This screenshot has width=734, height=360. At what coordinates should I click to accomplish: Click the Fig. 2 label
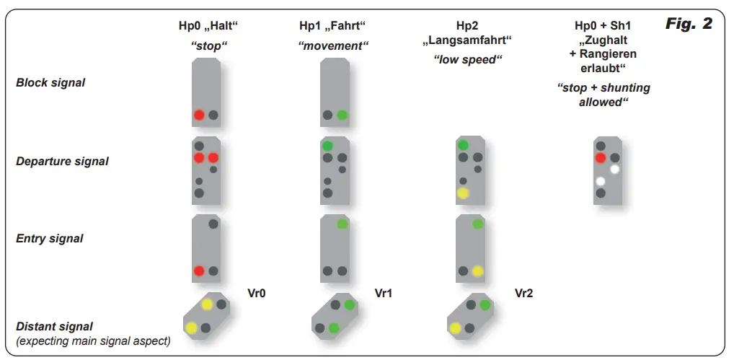tap(688, 24)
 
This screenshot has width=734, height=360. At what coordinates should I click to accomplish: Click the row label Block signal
tap(50, 83)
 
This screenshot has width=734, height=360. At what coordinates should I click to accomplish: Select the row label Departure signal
tap(62, 162)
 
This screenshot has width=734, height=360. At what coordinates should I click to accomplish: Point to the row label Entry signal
tap(50, 239)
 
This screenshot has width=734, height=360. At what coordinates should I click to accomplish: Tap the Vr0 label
tap(257, 294)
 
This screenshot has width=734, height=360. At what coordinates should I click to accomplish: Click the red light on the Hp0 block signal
tap(199, 115)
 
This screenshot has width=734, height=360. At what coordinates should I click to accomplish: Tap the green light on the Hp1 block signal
tap(342, 115)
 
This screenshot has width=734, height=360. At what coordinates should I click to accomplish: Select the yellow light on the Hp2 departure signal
tap(463, 193)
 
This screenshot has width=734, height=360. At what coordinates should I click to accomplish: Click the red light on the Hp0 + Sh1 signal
tap(600, 158)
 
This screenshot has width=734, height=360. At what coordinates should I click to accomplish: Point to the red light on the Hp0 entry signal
tap(199, 271)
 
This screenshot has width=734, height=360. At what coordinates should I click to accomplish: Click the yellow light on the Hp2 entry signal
tap(477, 271)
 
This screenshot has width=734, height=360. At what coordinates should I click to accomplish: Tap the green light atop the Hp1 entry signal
tap(342, 224)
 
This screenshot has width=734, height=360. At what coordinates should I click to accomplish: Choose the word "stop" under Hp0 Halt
tap(208, 45)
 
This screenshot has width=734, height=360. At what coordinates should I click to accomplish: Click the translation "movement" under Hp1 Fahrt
tap(333, 45)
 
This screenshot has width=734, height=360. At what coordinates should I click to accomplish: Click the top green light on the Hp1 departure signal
tap(327, 146)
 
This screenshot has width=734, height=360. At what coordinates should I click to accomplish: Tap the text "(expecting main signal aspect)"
tap(93, 341)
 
